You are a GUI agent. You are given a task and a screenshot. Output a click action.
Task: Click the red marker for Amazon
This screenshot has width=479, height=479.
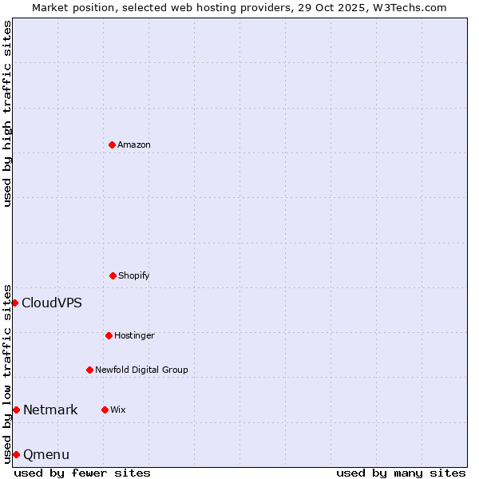[x=112, y=144]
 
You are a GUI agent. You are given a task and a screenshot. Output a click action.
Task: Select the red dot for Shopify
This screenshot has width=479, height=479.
[x=113, y=275]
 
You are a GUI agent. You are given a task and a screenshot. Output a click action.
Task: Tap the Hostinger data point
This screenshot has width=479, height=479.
[x=109, y=335]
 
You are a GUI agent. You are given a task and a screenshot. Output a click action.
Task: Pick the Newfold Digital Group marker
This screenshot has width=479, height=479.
[x=89, y=370]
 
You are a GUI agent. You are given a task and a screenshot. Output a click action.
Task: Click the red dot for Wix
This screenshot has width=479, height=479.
[x=105, y=410]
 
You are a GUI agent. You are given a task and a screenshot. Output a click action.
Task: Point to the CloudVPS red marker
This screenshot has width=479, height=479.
[x=14, y=303]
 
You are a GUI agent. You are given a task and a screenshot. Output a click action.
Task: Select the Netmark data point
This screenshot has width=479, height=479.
[x=16, y=410]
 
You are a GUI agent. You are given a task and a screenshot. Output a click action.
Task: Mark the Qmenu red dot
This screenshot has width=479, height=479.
[x=16, y=454]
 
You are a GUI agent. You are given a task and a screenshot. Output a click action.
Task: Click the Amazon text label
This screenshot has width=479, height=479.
[x=134, y=144]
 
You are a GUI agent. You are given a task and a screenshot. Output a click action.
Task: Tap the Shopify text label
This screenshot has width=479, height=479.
[x=134, y=275]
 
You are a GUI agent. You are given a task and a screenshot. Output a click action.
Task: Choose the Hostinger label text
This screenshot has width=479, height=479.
[x=134, y=335]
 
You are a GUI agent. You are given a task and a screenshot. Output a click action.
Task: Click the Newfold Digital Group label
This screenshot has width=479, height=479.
[x=141, y=370]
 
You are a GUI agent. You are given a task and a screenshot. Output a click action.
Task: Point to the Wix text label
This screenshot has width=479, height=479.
[x=118, y=410]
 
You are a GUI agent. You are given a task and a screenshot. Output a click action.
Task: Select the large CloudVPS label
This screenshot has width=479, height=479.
[x=52, y=303]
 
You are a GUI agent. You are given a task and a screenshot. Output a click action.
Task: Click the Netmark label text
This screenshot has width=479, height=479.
[x=50, y=410]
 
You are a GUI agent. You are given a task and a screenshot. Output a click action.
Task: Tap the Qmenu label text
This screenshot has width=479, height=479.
[x=46, y=454]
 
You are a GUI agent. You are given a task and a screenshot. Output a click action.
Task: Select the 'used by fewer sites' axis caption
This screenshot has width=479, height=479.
[x=82, y=473]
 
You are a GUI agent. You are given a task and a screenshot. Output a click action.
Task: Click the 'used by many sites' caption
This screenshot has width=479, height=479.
[x=401, y=473]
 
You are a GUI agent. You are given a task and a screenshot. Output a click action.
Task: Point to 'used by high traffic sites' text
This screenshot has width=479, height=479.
[x=7, y=113]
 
